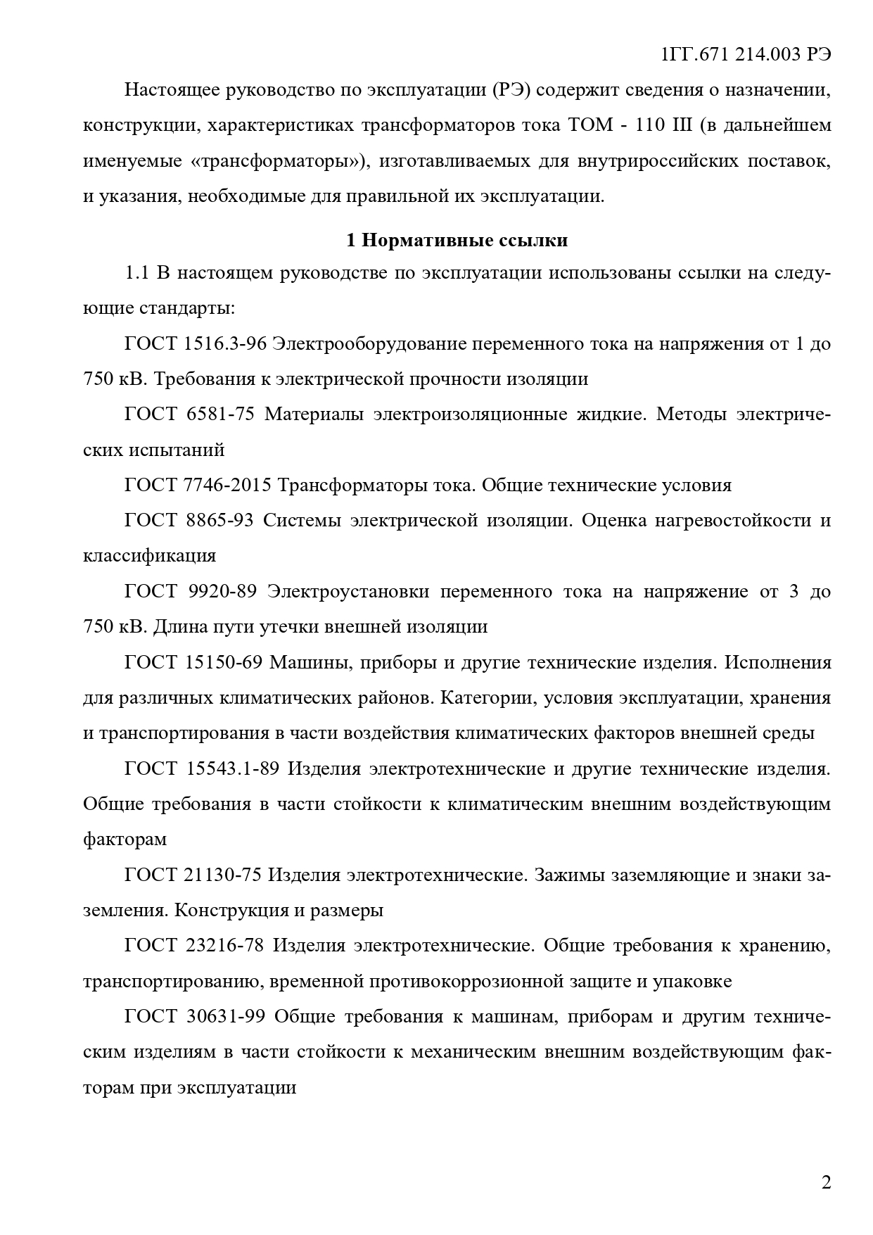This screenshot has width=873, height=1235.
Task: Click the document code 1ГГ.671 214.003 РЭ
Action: pyautogui.click(x=746, y=55)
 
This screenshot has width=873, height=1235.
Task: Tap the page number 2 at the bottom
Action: pyautogui.click(x=826, y=1182)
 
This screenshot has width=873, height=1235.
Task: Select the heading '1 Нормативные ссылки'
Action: pyautogui.click(x=457, y=241)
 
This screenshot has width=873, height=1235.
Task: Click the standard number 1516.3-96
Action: pyautogui.click(x=224, y=344)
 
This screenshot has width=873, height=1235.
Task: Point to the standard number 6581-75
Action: pyautogui.click(x=220, y=414)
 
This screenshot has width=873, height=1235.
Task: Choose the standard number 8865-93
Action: pyautogui.click(x=219, y=521)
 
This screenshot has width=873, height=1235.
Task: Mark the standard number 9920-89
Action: pyautogui.click(x=222, y=591)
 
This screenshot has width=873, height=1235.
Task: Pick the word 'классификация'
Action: pyautogui.click(x=149, y=556)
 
